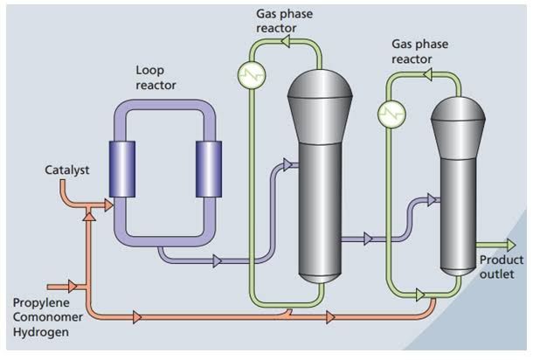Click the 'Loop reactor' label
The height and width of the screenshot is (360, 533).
coord(156,78)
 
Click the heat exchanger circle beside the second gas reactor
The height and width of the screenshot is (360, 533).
coord(390,113)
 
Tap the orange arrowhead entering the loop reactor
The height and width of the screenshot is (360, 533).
coord(107,205)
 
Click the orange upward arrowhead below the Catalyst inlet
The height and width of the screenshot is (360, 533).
coord(87,216)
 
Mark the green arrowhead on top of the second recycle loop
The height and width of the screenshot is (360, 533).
coord(427,76)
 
